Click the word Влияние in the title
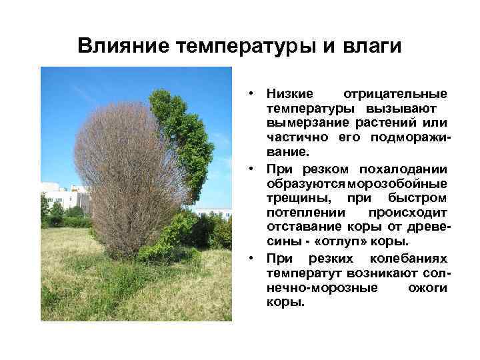click(123, 46)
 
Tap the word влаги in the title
click(367, 46)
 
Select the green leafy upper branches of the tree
click(177, 127)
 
